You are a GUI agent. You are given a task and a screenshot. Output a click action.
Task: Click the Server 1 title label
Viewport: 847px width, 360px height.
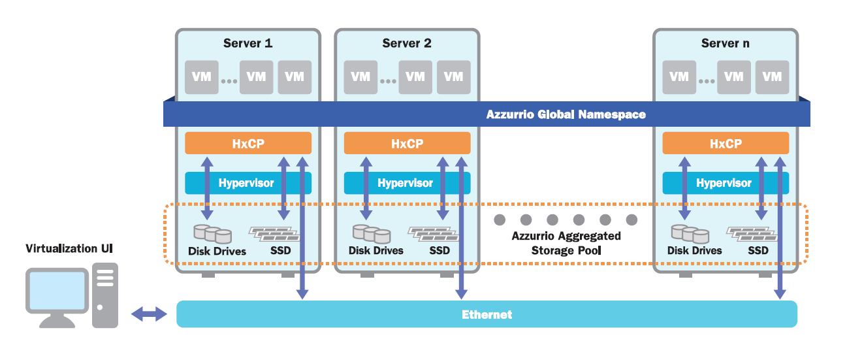click(x=248, y=44)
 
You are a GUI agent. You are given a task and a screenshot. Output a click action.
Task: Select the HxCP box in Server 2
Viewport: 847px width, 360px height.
click(x=407, y=143)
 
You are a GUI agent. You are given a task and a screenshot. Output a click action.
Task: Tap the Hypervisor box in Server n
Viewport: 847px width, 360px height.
click(x=725, y=183)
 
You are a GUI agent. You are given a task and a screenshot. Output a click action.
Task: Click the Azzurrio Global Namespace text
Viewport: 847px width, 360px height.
click(x=566, y=115)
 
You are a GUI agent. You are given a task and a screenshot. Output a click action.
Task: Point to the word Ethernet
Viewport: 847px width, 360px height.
click(x=487, y=314)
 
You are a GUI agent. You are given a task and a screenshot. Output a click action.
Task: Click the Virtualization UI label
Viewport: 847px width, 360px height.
click(x=71, y=249)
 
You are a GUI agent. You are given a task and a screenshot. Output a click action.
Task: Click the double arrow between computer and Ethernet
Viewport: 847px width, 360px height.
click(x=148, y=314)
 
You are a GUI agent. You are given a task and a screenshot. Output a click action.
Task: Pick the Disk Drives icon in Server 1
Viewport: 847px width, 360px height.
click(x=213, y=233)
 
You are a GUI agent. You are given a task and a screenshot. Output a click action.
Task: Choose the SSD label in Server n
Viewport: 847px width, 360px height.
click(x=758, y=250)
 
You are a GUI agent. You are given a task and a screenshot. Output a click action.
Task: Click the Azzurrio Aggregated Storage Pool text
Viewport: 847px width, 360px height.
click(x=566, y=242)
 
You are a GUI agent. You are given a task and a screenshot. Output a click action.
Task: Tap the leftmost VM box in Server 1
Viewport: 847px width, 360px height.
click(x=202, y=76)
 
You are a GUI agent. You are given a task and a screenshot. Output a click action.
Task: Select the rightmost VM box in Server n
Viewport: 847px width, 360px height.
click(x=771, y=76)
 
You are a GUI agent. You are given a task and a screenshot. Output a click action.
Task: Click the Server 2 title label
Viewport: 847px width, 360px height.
click(x=406, y=44)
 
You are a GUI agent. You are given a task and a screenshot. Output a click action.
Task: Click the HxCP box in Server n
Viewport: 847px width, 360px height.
click(x=725, y=143)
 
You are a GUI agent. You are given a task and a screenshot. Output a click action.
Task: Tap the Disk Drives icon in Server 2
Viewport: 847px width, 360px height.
click(x=372, y=233)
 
